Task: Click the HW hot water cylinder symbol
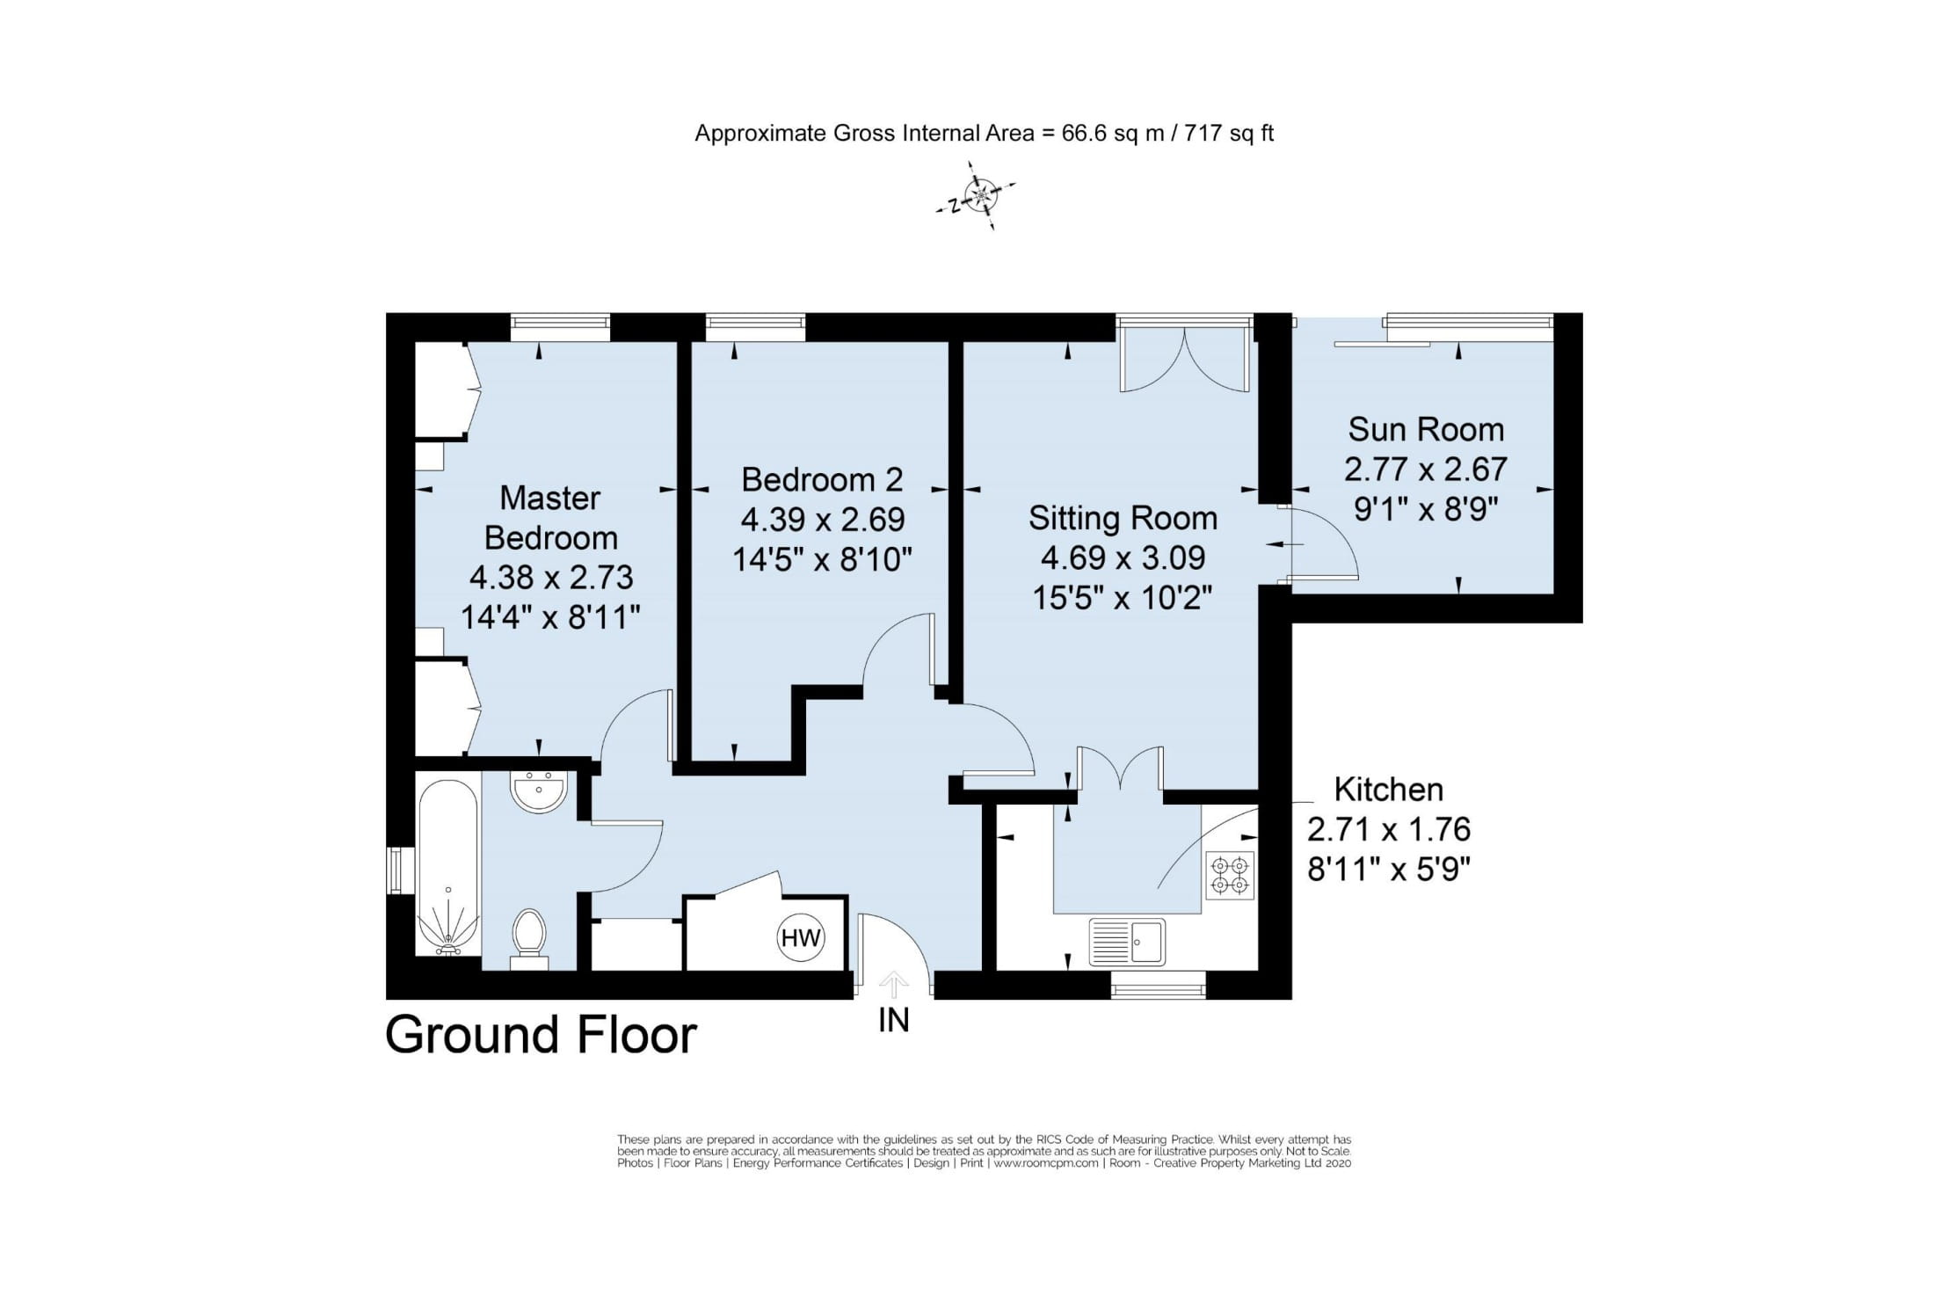tap(800, 938)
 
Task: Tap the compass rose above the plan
tap(978, 194)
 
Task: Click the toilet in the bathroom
tap(529, 935)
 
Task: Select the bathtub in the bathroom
tap(448, 866)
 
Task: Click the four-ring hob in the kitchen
tap(1230, 874)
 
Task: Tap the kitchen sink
tap(1127, 941)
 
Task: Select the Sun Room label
tap(1426, 429)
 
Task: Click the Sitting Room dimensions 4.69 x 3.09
tap(1123, 557)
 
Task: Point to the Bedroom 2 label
tap(822, 479)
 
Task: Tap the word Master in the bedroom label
tap(549, 498)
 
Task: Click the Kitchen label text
tap(1388, 789)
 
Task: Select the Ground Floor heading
tap(541, 1035)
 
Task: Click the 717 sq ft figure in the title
tap(1229, 134)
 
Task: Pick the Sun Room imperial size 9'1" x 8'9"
tap(1426, 508)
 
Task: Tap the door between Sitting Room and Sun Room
tap(1319, 543)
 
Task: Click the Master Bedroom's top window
tap(560, 327)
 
